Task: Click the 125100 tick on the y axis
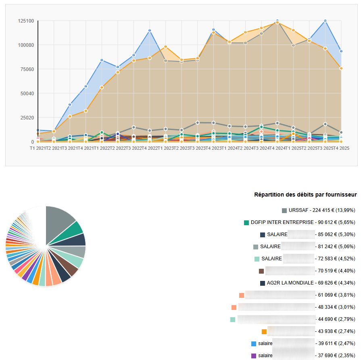pos(26,21)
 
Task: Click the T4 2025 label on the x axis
pos(341,149)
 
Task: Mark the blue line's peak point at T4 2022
pos(150,31)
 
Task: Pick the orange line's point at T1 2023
pos(165,47)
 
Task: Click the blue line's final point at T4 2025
pos(341,51)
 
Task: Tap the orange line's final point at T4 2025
pos(341,69)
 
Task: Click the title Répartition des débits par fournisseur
pos(305,195)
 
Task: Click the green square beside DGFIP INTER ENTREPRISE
pos(246,222)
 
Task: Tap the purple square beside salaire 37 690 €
pos(254,356)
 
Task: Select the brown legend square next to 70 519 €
pos(261,271)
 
